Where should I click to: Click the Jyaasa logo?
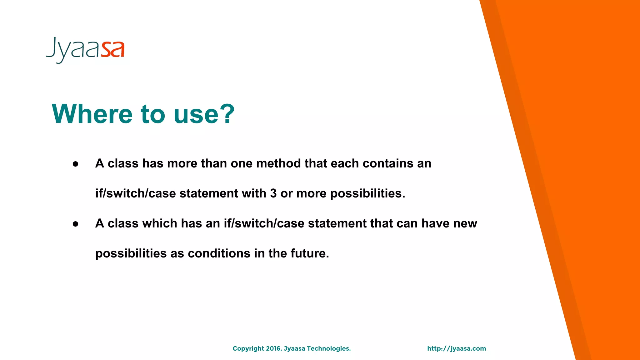tap(85, 50)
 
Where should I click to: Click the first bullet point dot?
tap(75, 164)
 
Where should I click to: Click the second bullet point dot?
tap(75, 224)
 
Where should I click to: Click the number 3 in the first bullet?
tap(273, 193)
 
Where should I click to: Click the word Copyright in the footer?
tap(248, 349)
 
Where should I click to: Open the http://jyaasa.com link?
tap(457, 349)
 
